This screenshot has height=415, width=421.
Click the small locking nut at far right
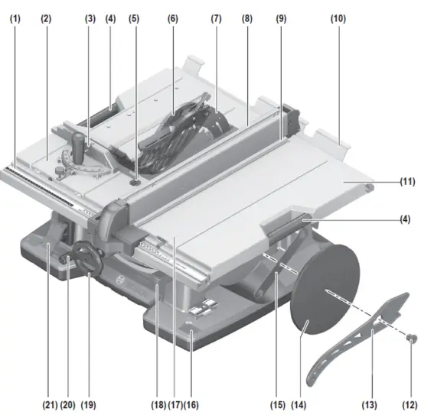412,336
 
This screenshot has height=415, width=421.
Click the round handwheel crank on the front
83,258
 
